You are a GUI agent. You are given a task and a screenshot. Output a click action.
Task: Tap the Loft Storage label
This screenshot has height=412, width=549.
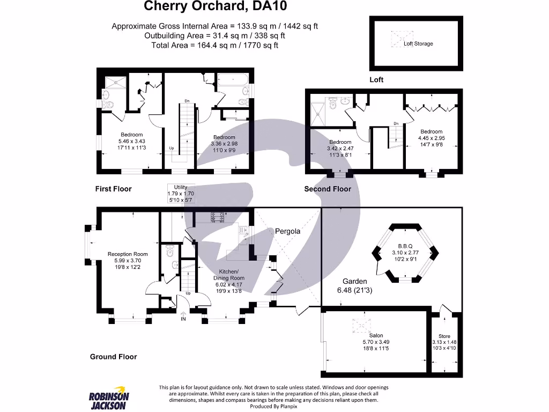tap(418, 43)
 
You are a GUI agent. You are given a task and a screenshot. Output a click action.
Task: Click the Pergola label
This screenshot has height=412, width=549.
tap(287, 231)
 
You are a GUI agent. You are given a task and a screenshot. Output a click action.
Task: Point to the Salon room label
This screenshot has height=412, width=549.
tap(376, 335)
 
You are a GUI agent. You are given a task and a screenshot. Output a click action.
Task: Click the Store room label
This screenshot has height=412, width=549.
tap(444, 336)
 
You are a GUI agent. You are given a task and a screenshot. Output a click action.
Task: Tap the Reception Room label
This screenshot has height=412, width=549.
tap(127, 254)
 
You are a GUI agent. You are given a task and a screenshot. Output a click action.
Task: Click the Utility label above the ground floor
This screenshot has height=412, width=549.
tap(181, 187)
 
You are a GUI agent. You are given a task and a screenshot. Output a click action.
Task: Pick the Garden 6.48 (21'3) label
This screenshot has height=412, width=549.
tap(355, 285)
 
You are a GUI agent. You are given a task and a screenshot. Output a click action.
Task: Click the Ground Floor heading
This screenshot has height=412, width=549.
tap(113, 357)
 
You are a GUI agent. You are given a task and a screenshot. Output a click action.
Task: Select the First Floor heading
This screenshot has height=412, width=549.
tap(113, 189)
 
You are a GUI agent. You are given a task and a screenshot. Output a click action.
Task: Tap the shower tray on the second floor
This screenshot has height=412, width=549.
tap(321, 113)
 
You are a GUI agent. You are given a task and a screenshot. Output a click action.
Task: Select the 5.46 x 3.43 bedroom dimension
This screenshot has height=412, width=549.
tap(131, 141)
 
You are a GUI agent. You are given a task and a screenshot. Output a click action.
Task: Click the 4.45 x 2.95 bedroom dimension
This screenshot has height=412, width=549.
tap(431, 138)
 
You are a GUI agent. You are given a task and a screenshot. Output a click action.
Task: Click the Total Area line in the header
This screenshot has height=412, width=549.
tap(215, 45)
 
